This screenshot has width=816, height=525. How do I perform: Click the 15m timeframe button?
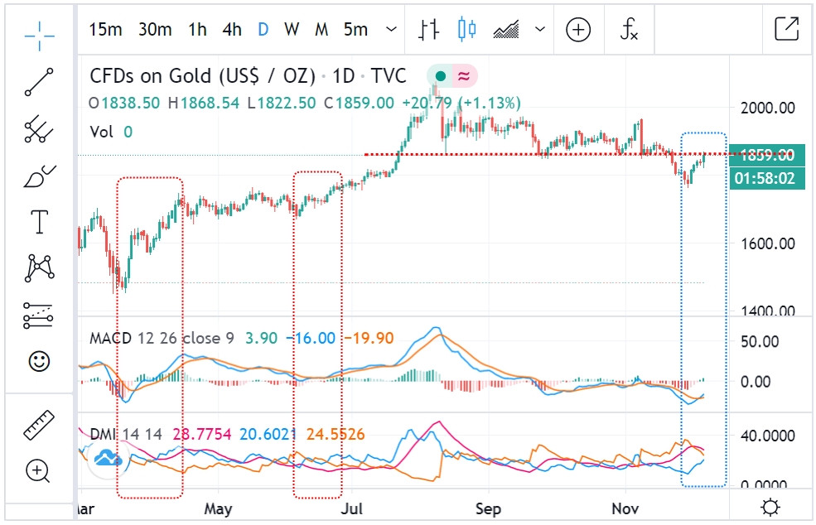pos(105,30)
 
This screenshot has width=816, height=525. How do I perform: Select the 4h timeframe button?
pos(232,30)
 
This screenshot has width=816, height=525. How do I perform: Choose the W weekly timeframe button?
pos(292,30)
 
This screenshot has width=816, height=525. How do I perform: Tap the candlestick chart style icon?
pos(467,30)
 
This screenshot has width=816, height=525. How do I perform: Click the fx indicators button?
pos(630,31)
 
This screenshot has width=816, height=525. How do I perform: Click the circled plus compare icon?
pos(578,31)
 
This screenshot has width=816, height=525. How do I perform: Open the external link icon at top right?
pos(786,29)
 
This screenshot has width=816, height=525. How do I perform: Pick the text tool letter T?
pos(39,222)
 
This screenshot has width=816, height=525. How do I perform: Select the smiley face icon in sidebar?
pos(39,361)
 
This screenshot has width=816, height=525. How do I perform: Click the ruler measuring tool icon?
pos(39,424)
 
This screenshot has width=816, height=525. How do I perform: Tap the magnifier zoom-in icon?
pos(39,471)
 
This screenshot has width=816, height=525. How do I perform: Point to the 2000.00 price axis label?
pos(767,108)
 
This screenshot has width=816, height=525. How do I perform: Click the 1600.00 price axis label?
pos(767,243)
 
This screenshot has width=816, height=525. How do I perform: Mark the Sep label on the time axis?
pos(489,508)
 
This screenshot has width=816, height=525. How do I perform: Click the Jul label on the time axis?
pos(354,508)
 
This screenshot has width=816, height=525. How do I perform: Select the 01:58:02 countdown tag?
pos(767,178)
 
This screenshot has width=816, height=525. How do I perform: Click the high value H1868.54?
pos(203,104)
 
